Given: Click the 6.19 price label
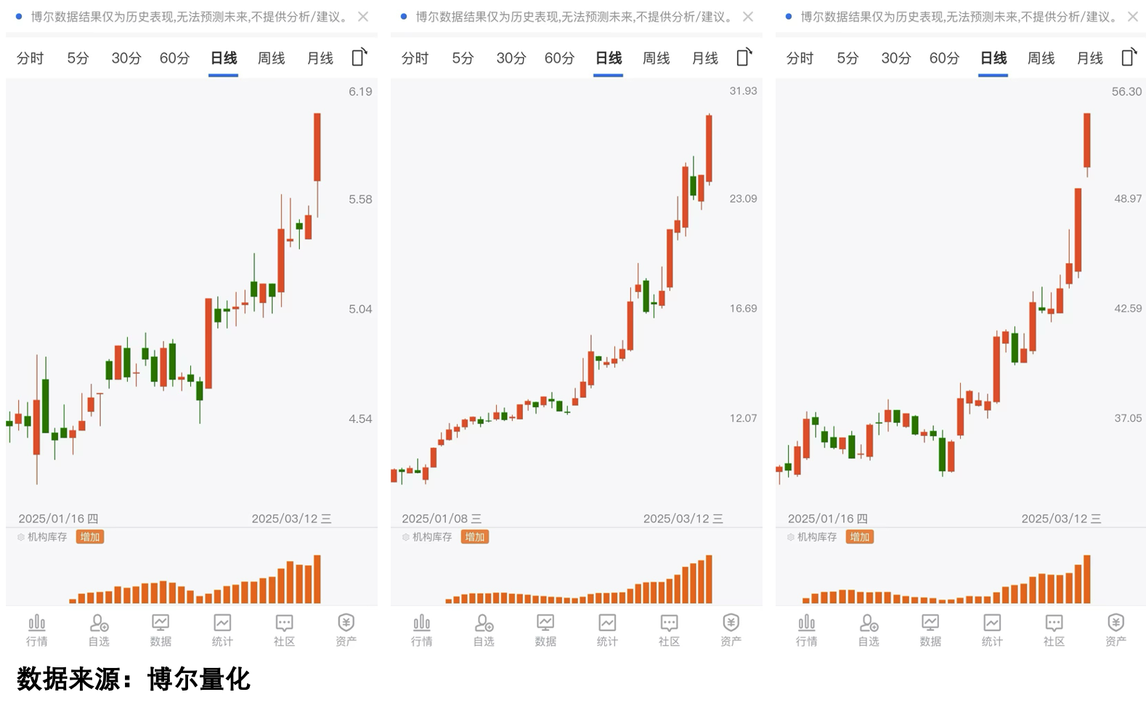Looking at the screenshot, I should coord(360,92).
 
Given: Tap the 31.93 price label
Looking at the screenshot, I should coord(743,91).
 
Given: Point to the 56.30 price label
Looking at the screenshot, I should coord(1126,92).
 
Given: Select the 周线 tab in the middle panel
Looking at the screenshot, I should coord(656,58).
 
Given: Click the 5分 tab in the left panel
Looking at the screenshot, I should coord(78,58).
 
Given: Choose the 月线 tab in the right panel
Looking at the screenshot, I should coord(1089,58).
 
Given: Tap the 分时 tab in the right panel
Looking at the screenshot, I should coord(800,58).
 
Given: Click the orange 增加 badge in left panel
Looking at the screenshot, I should coord(90,537).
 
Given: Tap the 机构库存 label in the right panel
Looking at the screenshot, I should coord(817,537).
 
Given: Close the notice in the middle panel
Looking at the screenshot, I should coord(748,17).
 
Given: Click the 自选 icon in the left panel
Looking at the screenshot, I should coord(99,629).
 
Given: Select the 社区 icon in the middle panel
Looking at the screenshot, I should coord(669,629).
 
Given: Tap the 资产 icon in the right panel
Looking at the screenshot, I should coord(1115,629).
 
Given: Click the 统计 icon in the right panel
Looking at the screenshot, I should coord(992,629).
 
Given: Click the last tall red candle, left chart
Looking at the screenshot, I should coord(317,147).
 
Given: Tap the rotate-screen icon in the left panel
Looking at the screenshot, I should coord(359,57).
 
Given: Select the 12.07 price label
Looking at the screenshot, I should coord(743,418).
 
